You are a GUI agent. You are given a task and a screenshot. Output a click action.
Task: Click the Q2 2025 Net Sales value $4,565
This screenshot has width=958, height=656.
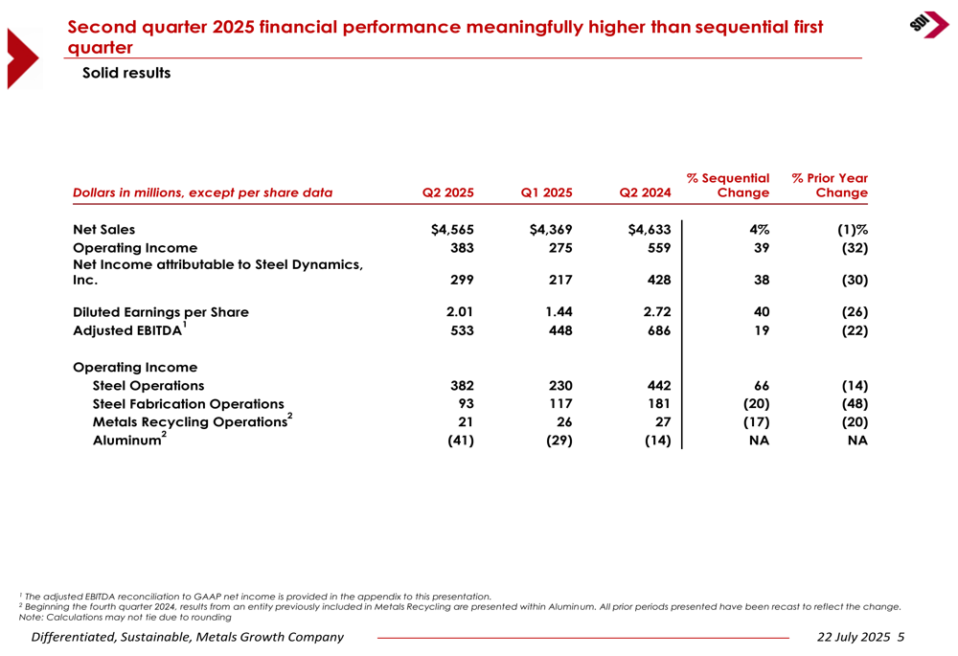coord(452,230)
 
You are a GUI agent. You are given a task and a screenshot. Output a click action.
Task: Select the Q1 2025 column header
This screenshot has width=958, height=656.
coord(546,192)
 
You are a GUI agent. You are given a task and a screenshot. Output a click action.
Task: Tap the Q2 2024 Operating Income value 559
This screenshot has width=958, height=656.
coord(659,248)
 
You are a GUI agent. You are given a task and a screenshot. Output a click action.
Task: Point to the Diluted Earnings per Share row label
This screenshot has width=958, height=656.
coord(161,312)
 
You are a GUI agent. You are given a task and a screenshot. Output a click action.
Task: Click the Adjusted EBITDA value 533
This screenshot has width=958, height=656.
coord(462,330)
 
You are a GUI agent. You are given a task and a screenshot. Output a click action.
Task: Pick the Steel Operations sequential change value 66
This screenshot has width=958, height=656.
coord(762,385)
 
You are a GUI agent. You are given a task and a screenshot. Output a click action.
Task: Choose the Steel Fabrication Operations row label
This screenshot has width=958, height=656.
coord(188,404)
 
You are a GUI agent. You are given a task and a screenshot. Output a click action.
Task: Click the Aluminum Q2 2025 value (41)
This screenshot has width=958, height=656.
coord(461,441)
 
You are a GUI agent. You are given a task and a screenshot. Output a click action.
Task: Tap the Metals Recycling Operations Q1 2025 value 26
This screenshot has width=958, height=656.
coord(564,422)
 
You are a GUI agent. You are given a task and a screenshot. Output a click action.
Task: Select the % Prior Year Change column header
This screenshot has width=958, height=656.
coord(830,185)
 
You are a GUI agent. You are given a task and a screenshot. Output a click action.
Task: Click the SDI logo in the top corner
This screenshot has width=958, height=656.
coord(928,25)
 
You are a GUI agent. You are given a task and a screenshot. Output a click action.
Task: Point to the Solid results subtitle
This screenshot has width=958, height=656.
coord(126,73)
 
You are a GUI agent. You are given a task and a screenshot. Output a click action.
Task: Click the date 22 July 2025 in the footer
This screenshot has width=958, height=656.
coord(854,637)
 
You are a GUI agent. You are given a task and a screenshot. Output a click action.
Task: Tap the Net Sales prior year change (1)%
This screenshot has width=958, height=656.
coord(853,230)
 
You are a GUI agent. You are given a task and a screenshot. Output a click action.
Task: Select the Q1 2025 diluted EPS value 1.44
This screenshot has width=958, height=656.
coord(559,311)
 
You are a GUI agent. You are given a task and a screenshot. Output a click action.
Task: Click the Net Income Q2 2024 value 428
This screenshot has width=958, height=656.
coord(659,280)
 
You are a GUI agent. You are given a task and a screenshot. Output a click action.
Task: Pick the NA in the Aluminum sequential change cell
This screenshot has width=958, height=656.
coord(760,441)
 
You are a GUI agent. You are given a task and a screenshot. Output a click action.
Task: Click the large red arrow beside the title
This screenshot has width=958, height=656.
coord(22,58)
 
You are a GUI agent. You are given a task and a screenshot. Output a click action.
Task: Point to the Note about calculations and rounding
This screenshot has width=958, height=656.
coord(125,617)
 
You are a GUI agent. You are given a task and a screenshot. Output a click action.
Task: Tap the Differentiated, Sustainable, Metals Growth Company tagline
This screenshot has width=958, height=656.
coord(188,637)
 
